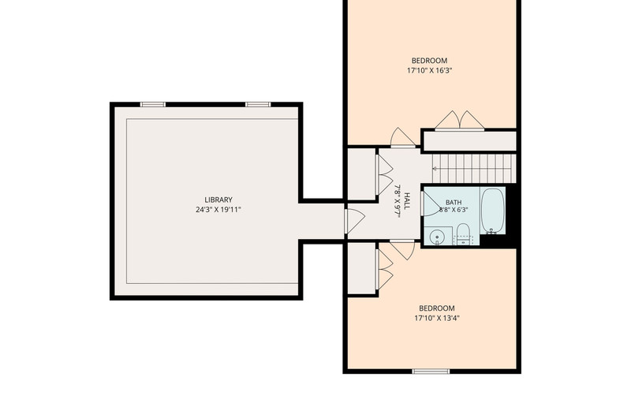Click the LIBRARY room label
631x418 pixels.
pos(218,200)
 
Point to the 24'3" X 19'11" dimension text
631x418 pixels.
pos(218,210)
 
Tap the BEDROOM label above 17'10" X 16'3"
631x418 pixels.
pos(429,61)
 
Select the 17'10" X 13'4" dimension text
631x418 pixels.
pos(437,318)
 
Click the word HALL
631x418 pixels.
pos(407,201)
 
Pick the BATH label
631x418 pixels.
pos(454,203)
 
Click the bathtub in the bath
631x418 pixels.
pos(493,211)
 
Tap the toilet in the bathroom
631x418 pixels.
pos(463,233)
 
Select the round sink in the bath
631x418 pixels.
pos(435,237)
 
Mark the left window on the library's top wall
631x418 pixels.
pos(153,105)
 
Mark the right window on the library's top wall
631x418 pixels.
pos(259,105)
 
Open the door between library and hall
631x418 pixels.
pos(354,222)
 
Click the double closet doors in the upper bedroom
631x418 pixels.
pos(460,121)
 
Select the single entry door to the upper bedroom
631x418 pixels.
pos(403,137)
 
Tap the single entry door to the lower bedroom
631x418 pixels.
pos(402,249)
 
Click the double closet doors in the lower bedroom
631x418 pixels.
pos(384,269)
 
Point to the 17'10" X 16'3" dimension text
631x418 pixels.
pos(429,71)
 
